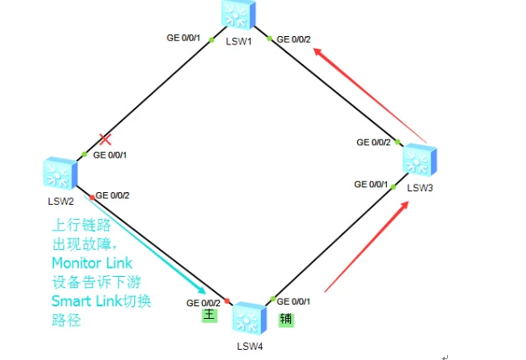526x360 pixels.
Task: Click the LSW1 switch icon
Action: click(x=238, y=14)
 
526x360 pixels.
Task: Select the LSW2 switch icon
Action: click(x=60, y=173)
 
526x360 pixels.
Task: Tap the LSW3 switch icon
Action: click(x=419, y=160)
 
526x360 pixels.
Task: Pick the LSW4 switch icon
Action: click(x=250, y=318)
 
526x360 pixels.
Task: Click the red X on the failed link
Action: click(x=106, y=139)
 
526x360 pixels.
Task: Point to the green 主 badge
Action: click(x=210, y=316)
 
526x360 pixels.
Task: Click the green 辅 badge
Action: click(x=286, y=320)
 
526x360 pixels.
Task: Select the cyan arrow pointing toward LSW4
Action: click(x=144, y=245)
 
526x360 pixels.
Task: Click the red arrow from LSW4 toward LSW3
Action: click(x=367, y=247)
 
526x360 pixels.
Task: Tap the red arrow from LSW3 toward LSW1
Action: click(x=370, y=96)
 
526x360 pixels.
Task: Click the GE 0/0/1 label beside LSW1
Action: click(x=183, y=38)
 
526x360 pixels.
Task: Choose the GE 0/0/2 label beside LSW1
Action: click(x=294, y=39)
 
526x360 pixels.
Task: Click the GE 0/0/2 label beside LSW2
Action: click(x=112, y=196)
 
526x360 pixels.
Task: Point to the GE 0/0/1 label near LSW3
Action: click(x=371, y=184)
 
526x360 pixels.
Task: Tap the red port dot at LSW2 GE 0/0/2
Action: click(x=92, y=197)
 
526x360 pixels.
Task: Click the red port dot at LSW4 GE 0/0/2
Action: click(x=227, y=300)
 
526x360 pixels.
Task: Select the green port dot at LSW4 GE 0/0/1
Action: click(x=273, y=299)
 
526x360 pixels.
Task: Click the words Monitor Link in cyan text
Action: click(x=92, y=263)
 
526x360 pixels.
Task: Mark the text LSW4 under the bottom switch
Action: click(x=250, y=347)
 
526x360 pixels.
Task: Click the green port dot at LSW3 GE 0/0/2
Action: click(x=398, y=142)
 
